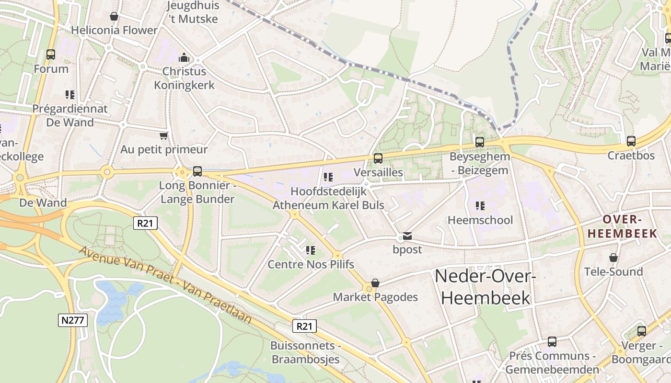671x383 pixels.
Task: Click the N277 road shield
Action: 73,320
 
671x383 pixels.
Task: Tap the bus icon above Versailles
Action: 378,158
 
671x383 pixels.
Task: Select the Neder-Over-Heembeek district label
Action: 485,287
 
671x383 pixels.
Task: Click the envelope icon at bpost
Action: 407,236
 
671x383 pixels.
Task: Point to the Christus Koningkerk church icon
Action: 184,58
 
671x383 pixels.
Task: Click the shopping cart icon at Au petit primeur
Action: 164,135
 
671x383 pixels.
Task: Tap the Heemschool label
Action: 480,220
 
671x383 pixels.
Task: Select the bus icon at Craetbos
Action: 631,141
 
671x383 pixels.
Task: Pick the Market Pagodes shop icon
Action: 375,283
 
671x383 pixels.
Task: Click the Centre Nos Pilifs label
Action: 311,264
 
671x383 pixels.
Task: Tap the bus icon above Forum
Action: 51,55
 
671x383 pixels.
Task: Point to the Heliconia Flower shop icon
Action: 114,17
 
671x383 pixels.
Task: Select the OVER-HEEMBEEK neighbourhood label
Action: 622,226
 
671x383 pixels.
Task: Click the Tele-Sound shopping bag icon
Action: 613,258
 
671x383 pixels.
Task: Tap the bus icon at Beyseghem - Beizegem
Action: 479,142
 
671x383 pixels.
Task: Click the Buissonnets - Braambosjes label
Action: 305,352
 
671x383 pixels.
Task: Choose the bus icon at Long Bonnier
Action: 197,171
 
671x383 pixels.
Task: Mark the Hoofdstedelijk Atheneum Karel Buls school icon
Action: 328,177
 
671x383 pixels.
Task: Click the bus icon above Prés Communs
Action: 552,342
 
